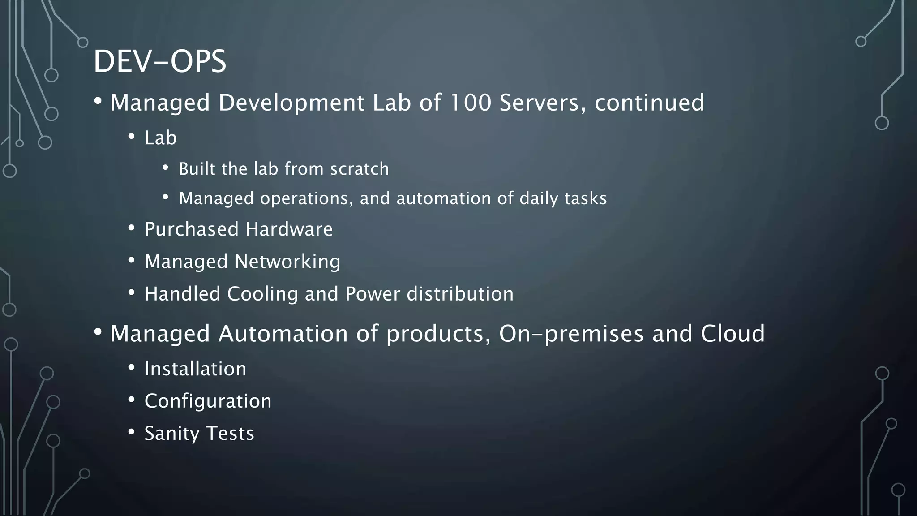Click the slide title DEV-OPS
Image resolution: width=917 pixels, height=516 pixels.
pyautogui.click(x=160, y=61)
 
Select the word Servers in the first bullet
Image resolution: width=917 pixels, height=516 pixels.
pyautogui.click(x=542, y=103)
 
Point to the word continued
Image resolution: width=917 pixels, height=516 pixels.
pyautogui.click(x=649, y=103)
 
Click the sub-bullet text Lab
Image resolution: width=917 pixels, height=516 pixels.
pyautogui.click(x=160, y=138)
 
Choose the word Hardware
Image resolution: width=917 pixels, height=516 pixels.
pyautogui.click(x=289, y=229)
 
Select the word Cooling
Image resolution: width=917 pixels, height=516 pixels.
pyautogui.click(x=262, y=294)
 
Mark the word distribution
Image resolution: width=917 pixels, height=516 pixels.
pyautogui.click(x=460, y=294)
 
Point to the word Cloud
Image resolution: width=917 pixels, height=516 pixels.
pyautogui.click(x=733, y=334)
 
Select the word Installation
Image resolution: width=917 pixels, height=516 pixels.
pyautogui.click(x=195, y=369)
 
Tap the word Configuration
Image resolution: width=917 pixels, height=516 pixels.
pyautogui.click(x=208, y=401)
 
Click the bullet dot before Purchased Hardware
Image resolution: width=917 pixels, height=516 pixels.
pyautogui.click(x=131, y=228)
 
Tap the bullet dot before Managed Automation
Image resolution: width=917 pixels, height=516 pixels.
pyautogui.click(x=98, y=332)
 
